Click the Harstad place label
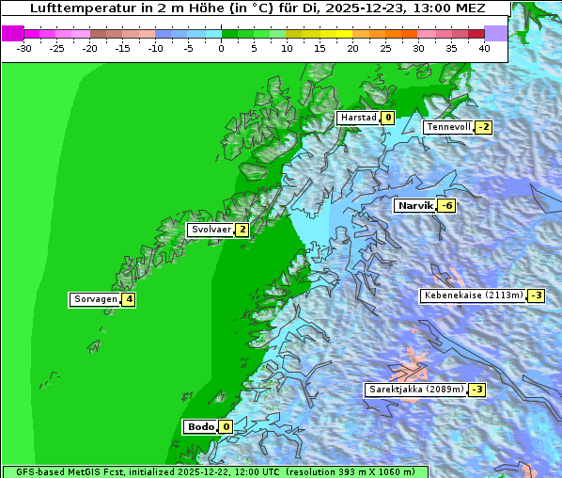(358, 118)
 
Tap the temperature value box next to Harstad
(387, 118)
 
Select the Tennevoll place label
(448, 127)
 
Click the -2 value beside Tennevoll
(483, 127)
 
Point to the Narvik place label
(414, 205)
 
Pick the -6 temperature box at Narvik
(446, 205)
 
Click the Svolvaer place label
(211, 230)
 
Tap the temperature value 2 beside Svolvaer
(242, 230)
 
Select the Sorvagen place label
(95, 300)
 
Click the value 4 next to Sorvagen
(129, 300)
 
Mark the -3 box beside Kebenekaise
(536, 295)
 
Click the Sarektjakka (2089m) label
(415, 390)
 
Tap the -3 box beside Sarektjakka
(476, 390)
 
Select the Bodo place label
(200, 427)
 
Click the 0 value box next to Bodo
(226, 427)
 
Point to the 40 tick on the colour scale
(484, 47)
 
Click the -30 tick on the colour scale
(24, 47)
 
